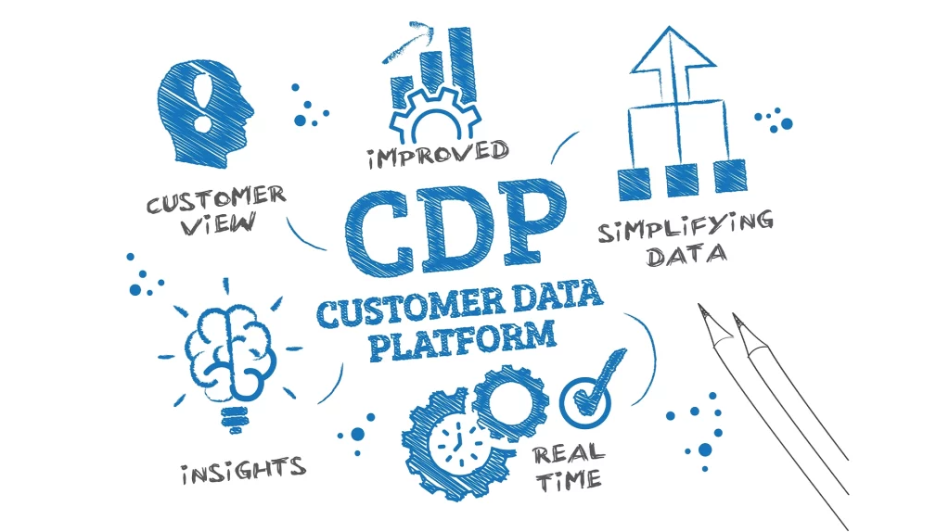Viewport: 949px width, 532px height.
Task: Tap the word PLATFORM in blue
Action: (x=462, y=341)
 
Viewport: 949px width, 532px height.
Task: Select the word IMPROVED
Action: (x=438, y=154)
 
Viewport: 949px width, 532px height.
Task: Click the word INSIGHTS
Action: (x=244, y=470)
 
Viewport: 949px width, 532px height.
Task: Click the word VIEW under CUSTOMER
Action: (x=219, y=223)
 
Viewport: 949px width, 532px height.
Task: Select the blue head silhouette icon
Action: (x=204, y=113)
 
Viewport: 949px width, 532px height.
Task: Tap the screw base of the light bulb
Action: (x=234, y=418)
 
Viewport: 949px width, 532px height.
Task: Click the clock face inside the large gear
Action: (x=457, y=444)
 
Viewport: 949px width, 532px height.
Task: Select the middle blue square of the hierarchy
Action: (x=681, y=180)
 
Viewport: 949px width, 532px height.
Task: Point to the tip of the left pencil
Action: (x=699, y=305)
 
